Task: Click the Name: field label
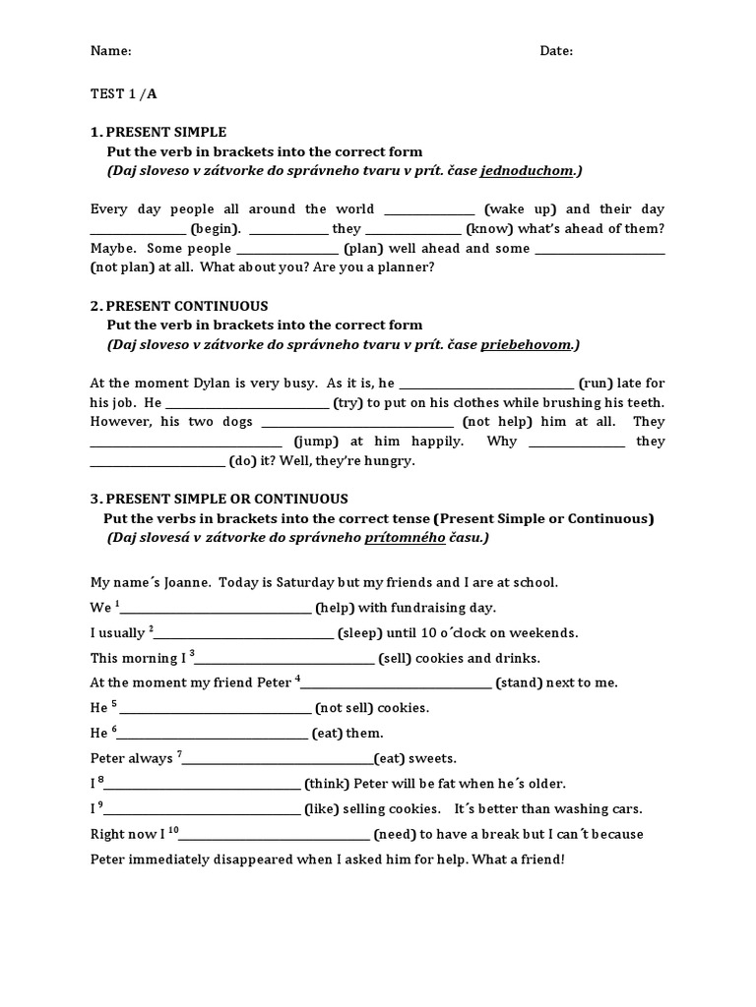(111, 51)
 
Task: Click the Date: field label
(556, 51)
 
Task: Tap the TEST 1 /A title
(123, 94)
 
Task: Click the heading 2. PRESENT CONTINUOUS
(179, 306)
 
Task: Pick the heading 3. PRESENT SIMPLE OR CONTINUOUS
(219, 499)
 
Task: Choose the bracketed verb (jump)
(317, 442)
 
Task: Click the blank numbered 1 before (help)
(216, 610)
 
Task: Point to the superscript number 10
(173, 830)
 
